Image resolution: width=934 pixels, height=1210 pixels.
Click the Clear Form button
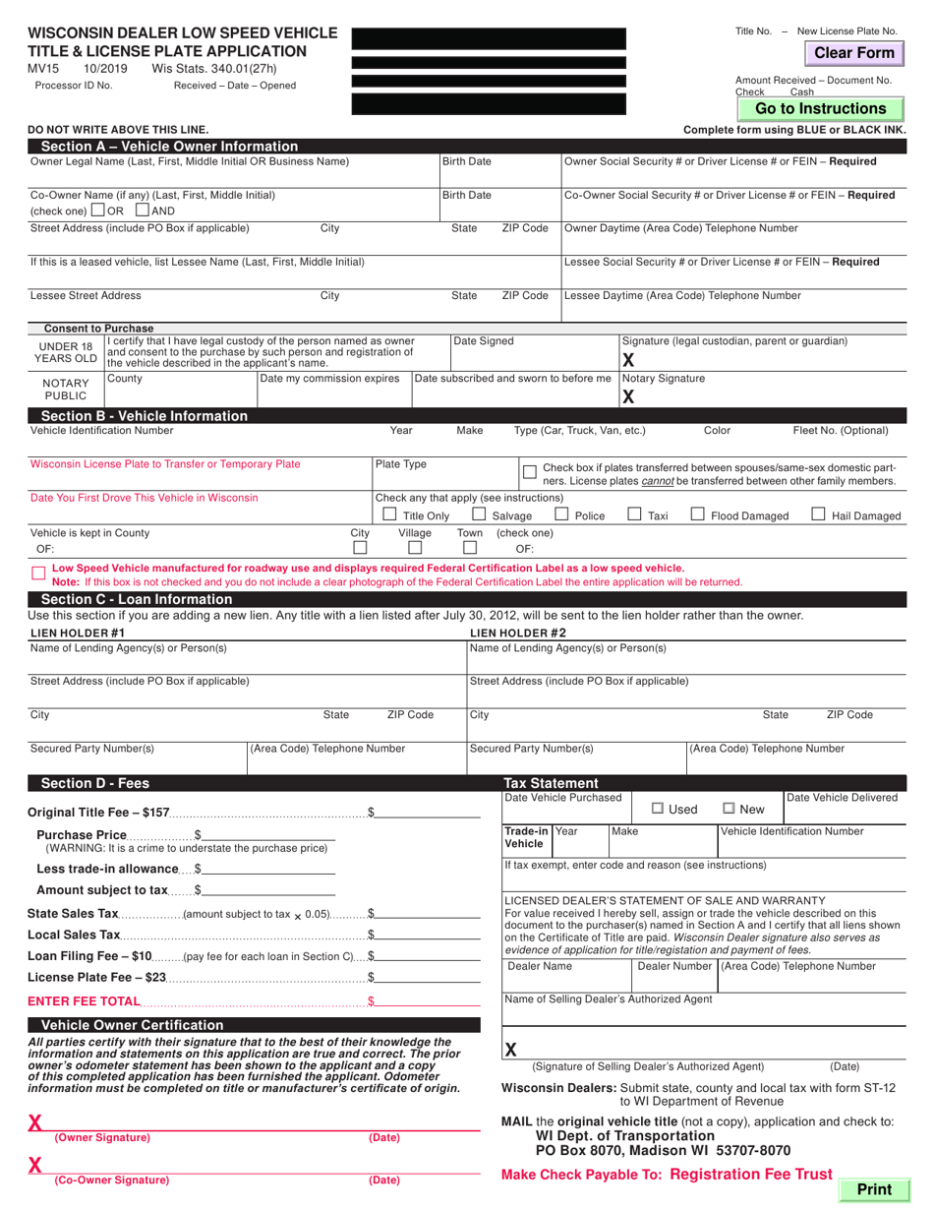pyautogui.click(x=854, y=53)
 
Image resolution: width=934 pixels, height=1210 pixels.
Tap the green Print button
pyautogui.click(x=873, y=1189)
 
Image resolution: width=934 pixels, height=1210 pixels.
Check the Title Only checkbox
pyautogui.click(x=389, y=514)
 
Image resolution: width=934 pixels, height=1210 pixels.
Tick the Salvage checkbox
pyautogui.click(x=479, y=514)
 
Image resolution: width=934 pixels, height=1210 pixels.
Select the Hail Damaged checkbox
pyautogui.click(x=818, y=514)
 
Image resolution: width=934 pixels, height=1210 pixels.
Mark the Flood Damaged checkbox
pyautogui.click(x=697, y=514)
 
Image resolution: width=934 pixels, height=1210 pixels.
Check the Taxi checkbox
pyautogui.click(x=634, y=514)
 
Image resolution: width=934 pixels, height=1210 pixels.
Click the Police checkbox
pyautogui.click(x=561, y=514)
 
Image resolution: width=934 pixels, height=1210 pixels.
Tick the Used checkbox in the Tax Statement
pyautogui.click(x=658, y=809)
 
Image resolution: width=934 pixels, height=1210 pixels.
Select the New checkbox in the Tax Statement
pyautogui.click(x=729, y=809)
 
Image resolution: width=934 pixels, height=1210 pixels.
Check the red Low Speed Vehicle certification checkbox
pyautogui.click(x=38, y=574)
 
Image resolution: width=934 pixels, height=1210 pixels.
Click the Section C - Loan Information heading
pyautogui.click(x=137, y=599)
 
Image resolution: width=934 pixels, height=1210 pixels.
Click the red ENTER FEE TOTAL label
pyautogui.click(x=85, y=1001)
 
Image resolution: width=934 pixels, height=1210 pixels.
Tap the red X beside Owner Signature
pyautogui.click(x=35, y=1122)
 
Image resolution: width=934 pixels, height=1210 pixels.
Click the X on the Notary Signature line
pyautogui.click(x=629, y=396)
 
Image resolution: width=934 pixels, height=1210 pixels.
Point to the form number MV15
pyautogui.click(x=43, y=69)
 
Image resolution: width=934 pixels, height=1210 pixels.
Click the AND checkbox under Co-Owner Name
pyautogui.click(x=143, y=210)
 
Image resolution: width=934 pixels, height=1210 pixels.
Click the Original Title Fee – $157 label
pyautogui.click(x=99, y=813)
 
